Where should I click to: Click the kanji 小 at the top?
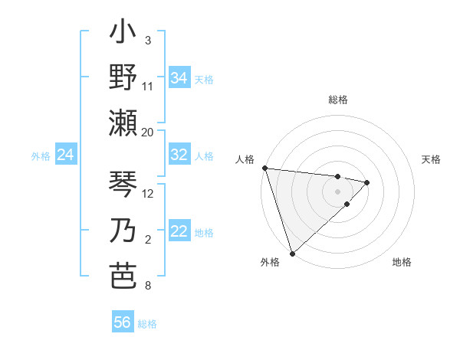123,35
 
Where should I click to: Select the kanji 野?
123,77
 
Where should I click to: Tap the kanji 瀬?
123,123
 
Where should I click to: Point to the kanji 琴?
123,185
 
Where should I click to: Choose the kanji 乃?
123,231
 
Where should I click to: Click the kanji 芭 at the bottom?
123,277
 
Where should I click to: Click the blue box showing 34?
179,78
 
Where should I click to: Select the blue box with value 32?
179,155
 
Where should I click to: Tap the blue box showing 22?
179,232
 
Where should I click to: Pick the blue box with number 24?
66,155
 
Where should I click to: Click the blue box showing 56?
123,322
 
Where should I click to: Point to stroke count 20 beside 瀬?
148,132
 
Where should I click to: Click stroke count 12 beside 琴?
149,193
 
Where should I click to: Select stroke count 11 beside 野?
148,86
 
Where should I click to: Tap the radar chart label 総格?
337,100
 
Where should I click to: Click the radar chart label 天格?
432,159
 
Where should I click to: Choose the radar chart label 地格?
402,262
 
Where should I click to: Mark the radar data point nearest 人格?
264,168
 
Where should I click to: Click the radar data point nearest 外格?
292,253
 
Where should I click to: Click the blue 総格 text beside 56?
147,323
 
